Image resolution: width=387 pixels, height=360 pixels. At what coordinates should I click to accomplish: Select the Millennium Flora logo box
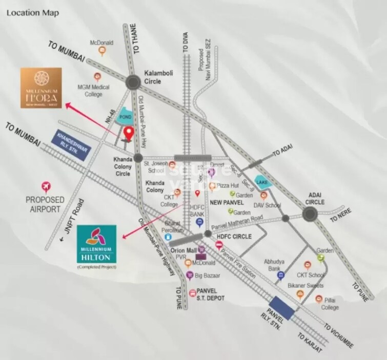click(41, 88)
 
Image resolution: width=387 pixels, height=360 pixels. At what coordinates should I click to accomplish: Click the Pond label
click(126, 117)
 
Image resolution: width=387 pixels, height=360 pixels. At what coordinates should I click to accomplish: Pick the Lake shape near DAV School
click(263, 182)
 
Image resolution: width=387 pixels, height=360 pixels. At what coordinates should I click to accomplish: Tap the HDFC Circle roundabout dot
click(208, 233)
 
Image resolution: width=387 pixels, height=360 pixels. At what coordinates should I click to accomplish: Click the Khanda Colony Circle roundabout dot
click(137, 158)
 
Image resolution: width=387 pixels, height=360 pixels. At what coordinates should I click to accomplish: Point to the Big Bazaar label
click(207, 277)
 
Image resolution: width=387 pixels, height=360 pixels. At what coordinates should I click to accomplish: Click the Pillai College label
click(330, 304)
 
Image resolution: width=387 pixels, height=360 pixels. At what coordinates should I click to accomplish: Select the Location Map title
click(30, 12)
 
